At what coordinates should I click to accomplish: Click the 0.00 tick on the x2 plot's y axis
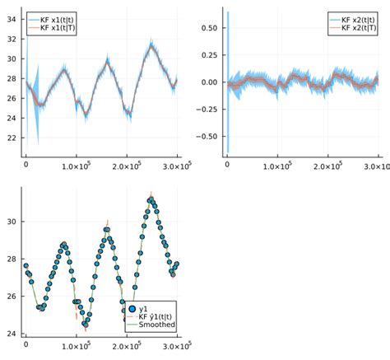click(x=207, y=82)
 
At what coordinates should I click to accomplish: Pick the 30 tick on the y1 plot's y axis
click(x=12, y=222)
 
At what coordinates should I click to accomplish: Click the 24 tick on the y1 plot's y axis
click(x=12, y=334)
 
